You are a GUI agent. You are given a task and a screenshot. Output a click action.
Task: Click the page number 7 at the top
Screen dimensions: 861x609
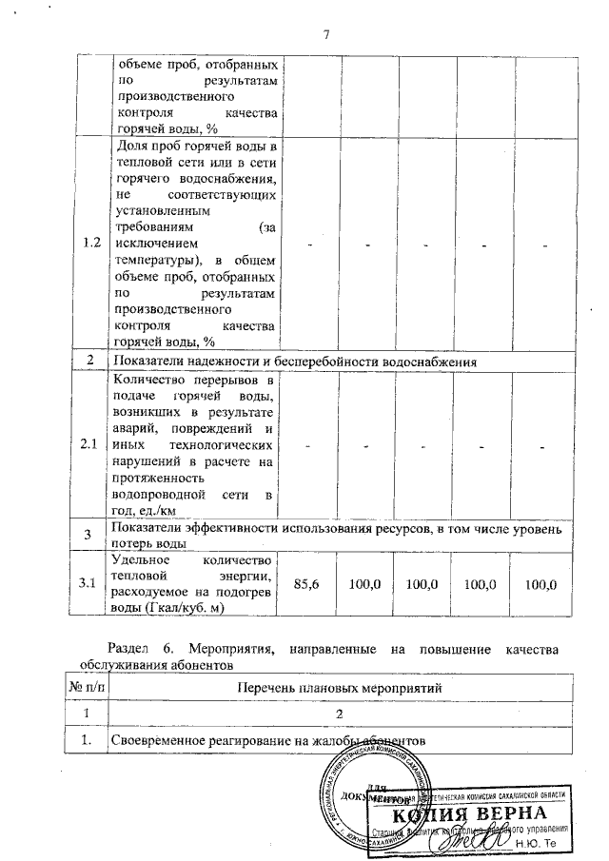325,36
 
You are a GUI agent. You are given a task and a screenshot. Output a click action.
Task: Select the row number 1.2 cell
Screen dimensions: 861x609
91,244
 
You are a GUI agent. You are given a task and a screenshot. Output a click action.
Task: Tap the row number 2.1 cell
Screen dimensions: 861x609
91,444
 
